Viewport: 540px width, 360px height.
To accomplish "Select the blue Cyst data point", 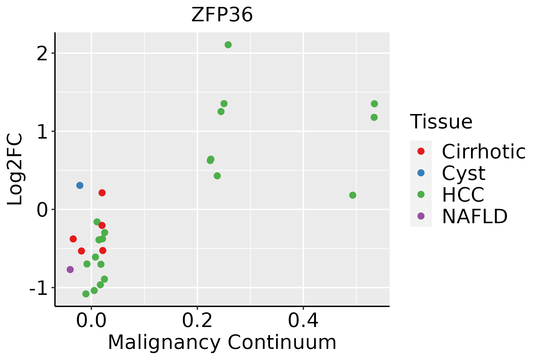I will pos(79,185).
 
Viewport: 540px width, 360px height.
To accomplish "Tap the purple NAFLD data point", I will pos(70,269).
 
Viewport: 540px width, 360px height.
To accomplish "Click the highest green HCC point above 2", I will pos(228,45).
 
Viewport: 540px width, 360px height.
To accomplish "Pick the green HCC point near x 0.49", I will pos(352,195).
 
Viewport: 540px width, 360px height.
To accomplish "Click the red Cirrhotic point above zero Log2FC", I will pos(102,193).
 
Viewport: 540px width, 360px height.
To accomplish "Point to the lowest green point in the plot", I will pos(86,294).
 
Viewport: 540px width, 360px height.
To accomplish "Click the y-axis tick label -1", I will pos(39,288).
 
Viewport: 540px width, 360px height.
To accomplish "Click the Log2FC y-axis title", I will pos(15,169).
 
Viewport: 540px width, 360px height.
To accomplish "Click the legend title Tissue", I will pos(441,122).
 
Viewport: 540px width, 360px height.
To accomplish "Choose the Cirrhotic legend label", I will pos(484,152).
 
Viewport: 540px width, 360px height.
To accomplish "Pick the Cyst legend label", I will pos(463,173).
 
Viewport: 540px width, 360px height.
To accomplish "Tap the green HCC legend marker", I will pos(421,194).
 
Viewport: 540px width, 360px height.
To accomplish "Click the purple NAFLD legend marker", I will pos(421,216).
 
